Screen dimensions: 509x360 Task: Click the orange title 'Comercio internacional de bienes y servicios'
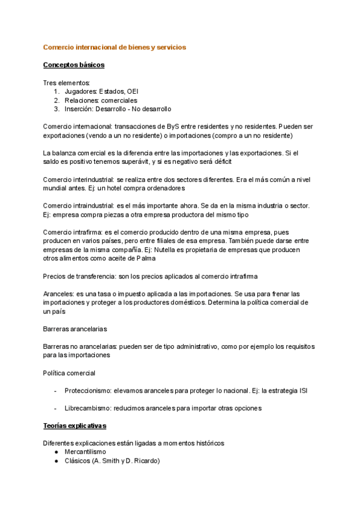(115, 46)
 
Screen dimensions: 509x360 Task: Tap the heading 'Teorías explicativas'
(74, 426)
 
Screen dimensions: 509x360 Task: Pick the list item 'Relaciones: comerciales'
(101, 100)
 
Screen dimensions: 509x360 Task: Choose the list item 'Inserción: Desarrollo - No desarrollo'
(118, 109)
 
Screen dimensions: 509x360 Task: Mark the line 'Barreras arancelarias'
(74, 329)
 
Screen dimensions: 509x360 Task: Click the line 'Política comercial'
(69, 373)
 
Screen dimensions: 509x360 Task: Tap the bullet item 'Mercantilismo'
(85, 452)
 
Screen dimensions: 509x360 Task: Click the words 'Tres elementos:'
(67, 82)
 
